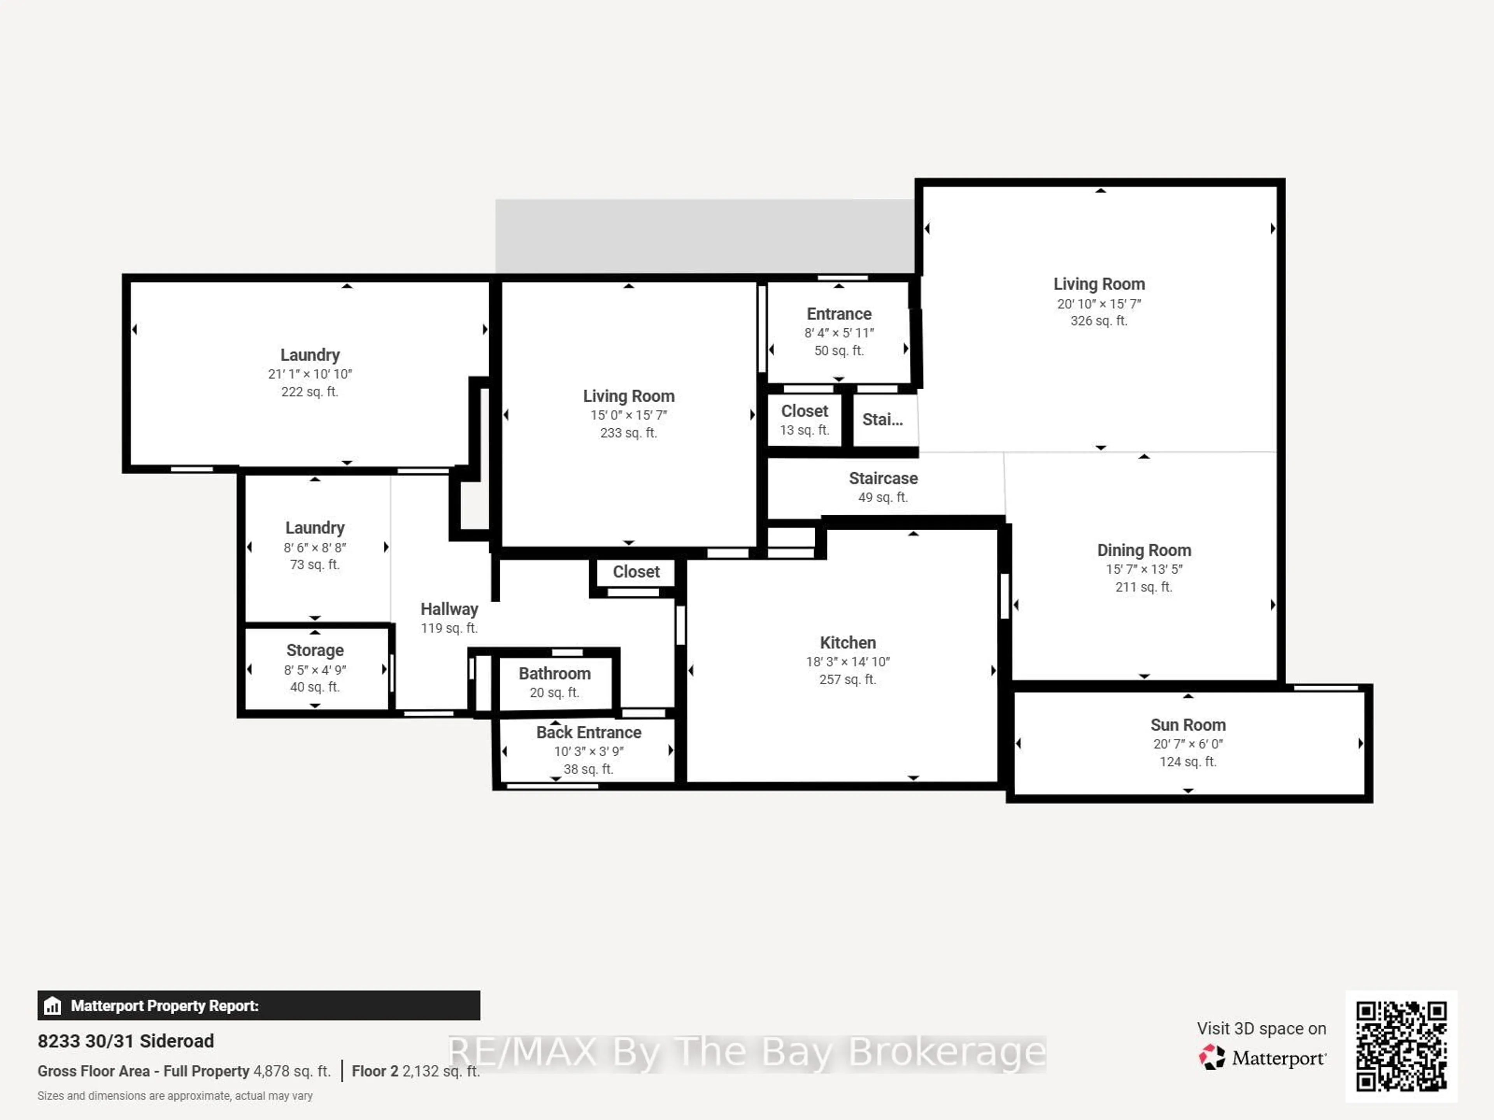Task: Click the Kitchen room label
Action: (848, 642)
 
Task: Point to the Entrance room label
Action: (839, 314)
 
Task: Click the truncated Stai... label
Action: (882, 419)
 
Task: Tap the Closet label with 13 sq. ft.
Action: (805, 411)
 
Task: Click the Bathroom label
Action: (554, 673)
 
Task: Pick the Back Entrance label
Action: (588, 732)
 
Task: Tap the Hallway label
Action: (449, 609)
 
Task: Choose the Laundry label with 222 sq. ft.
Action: (310, 355)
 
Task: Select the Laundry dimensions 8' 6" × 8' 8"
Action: (315, 548)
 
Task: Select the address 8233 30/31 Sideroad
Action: (126, 1041)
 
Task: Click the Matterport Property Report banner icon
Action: (52, 1006)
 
